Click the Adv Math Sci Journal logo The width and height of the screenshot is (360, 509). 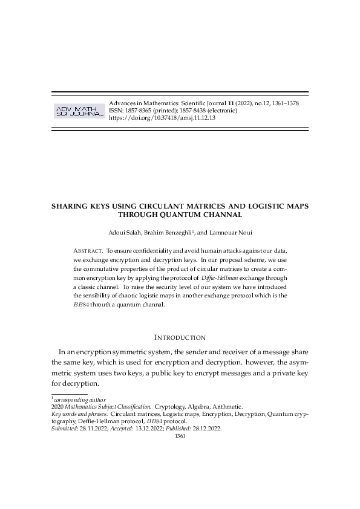(x=79, y=111)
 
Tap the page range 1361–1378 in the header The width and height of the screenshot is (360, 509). (x=283, y=103)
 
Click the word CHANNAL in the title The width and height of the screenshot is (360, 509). (x=221, y=214)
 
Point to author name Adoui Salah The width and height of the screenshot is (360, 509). (x=126, y=232)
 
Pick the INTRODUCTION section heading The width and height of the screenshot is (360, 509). (x=180, y=337)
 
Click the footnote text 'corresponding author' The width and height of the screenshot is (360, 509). (x=79, y=400)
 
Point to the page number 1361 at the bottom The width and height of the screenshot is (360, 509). (x=180, y=435)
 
